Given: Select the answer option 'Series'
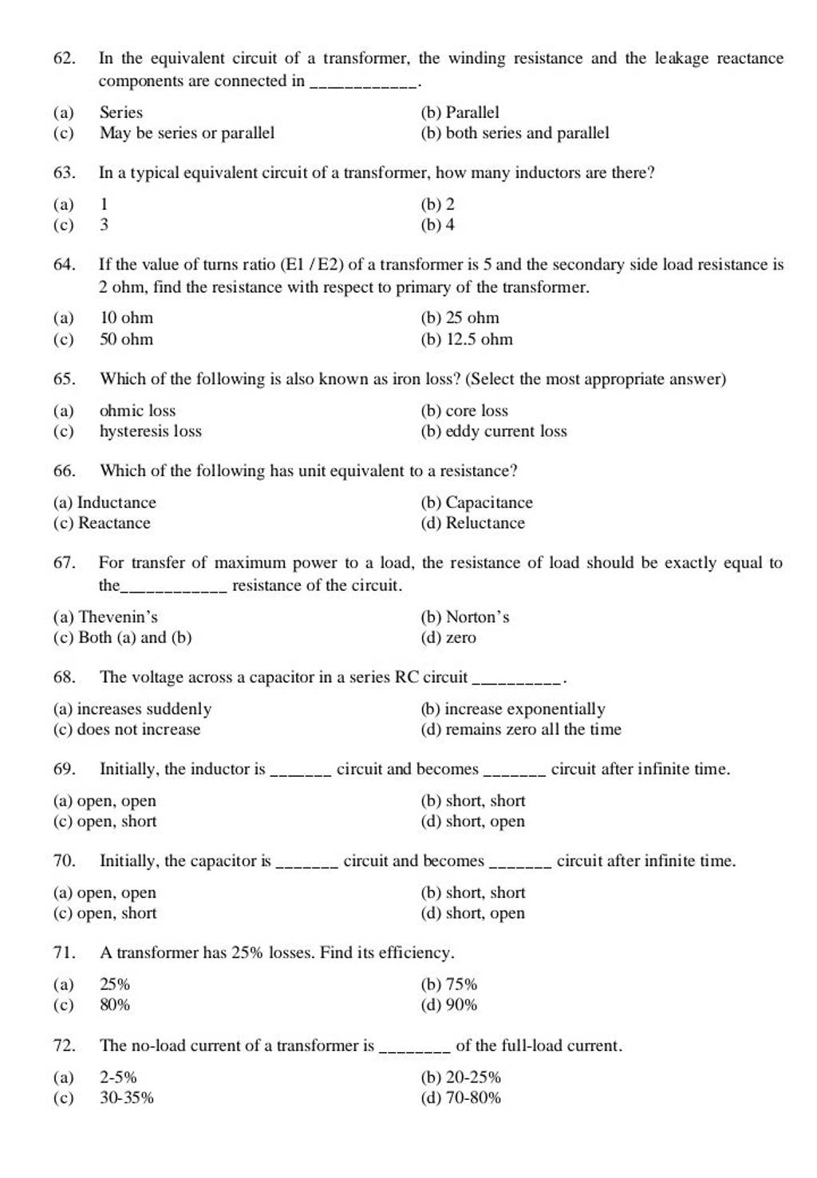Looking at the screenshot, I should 120,112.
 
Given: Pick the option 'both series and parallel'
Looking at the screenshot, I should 527,133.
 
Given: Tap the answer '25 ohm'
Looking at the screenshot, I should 472,318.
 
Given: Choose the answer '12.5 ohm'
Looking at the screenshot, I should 479,340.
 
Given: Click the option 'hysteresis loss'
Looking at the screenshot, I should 150,431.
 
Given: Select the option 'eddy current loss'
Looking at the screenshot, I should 506,431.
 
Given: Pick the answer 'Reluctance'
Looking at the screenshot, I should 485,523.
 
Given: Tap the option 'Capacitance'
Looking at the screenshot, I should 488,502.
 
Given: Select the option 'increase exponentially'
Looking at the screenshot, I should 524,709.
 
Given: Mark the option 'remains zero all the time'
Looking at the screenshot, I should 533,730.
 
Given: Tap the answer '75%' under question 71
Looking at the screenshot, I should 460,985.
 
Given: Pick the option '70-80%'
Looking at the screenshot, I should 473,1098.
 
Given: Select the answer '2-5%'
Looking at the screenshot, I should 118,1078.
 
